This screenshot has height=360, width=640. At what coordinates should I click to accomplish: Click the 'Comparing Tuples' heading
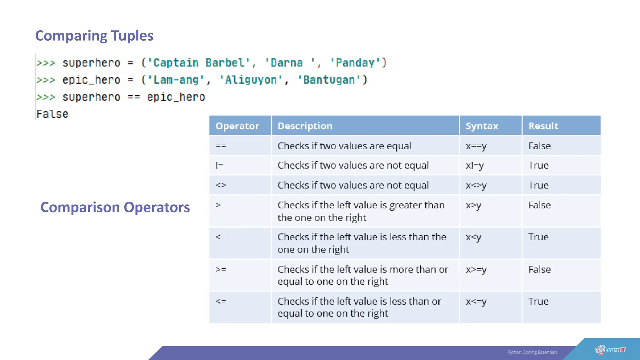coord(94,36)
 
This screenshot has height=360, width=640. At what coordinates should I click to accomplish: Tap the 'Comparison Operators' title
coord(115,207)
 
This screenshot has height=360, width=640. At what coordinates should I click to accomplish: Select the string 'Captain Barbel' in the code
coord(199,63)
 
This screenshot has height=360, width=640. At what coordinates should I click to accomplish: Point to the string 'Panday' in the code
coord(355,63)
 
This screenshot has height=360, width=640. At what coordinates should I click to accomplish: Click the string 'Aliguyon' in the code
coord(251,80)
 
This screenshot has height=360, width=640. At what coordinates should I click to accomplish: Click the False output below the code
coord(52,114)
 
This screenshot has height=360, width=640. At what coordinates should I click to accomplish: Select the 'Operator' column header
coord(237,126)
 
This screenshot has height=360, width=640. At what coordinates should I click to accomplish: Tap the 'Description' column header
coord(305,126)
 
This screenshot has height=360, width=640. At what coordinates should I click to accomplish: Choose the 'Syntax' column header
coord(482,126)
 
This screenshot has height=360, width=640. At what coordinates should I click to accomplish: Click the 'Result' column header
coord(543,126)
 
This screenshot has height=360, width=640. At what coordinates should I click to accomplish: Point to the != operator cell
coord(219,165)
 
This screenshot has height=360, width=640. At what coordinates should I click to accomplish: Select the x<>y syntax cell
coord(476,185)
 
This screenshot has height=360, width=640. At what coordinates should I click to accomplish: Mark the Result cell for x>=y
coord(539,269)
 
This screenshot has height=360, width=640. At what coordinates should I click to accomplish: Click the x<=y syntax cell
coord(476,302)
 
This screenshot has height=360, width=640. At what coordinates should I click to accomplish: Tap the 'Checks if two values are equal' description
coord(344,146)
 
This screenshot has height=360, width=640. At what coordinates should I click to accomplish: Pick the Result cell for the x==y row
coord(539,146)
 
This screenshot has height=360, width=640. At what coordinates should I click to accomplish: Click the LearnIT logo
coord(610,350)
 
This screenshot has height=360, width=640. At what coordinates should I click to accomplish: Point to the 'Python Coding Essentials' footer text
coord(532,352)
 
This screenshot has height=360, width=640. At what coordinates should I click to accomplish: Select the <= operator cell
coord(221,302)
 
